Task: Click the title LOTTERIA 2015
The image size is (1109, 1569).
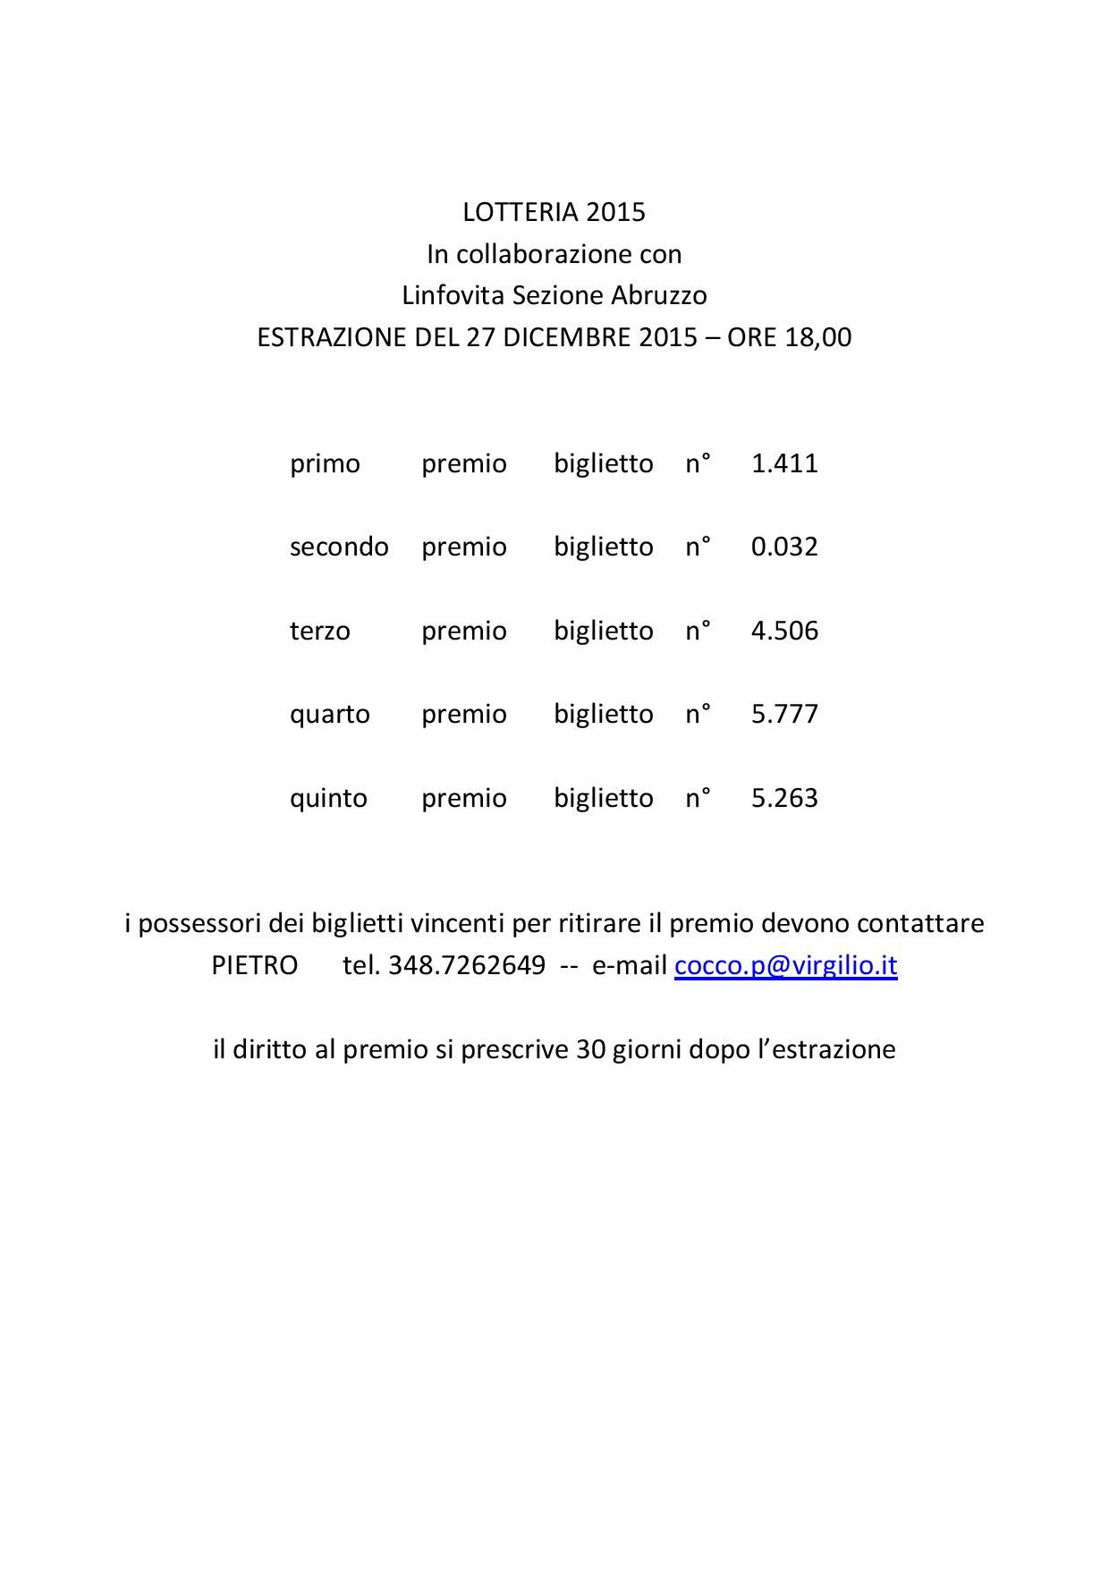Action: pos(554,212)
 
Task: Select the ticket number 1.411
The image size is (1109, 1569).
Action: pos(784,463)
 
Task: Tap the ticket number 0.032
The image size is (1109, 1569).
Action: pos(784,547)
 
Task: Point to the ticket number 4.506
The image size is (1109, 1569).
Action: pos(784,631)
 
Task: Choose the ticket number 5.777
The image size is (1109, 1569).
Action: pos(784,714)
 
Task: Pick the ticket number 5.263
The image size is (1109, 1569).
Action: pos(784,798)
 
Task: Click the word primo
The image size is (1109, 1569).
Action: pos(325,464)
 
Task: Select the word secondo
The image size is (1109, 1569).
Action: pos(339,547)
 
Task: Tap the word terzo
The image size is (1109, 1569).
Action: pos(319,631)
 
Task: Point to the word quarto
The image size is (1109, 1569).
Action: pos(329,715)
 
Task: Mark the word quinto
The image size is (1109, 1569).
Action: pos(328,798)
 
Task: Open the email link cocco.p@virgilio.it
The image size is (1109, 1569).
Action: pos(785,966)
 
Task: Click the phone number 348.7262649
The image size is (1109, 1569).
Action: pos(467,965)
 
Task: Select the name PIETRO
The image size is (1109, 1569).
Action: pos(255,965)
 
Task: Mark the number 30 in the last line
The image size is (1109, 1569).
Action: pos(590,1049)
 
